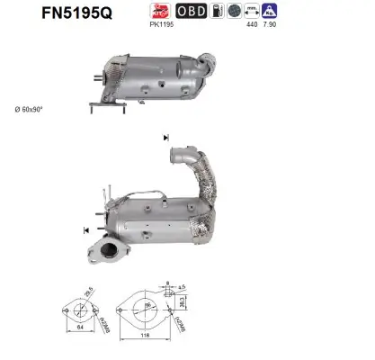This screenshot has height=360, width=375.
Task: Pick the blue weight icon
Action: click(x=270, y=11)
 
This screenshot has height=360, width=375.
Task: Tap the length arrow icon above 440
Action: click(x=252, y=11)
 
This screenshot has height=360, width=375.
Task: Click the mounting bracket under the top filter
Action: click(x=106, y=105)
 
